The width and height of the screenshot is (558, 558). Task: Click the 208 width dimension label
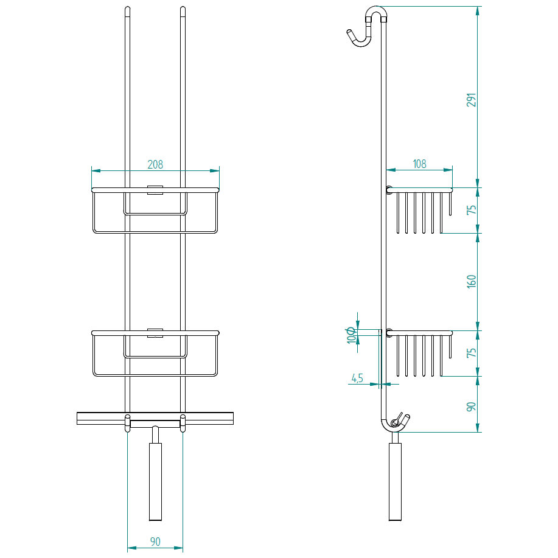tap(155, 164)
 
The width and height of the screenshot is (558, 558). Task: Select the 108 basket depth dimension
tap(419, 164)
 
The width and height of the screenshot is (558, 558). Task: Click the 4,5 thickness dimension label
tap(357, 378)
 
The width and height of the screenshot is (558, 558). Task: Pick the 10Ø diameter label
tap(351, 335)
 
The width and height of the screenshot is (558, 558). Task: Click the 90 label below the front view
tap(155, 542)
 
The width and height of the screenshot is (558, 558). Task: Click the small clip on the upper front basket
tap(155, 189)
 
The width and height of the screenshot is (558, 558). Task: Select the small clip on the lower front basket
tap(155, 332)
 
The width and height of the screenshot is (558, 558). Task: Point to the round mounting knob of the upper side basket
tap(388, 189)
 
